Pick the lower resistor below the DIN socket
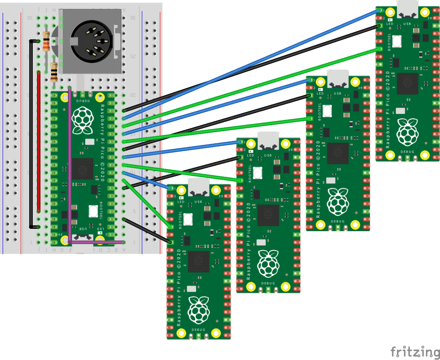click(x=54, y=72)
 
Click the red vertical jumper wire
click(x=39, y=142)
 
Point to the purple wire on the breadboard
click(x=70, y=172)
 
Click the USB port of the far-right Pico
click(x=408, y=9)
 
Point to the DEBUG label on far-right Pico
click(x=407, y=152)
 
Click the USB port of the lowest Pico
click(x=199, y=188)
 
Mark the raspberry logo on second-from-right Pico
click(x=338, y=202)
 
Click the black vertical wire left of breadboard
click(x=30, y=133)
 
